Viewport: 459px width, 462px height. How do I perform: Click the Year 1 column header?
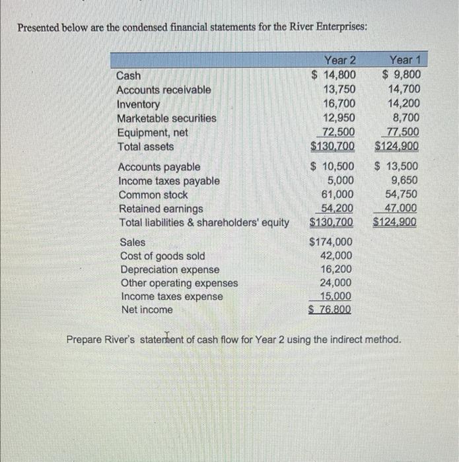(x=405, y=61)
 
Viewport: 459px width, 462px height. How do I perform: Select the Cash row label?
(x=128, y=75)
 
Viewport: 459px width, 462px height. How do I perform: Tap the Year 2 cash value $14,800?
(x=334, y=75)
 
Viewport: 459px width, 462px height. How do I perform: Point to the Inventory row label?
(x=138, y=104)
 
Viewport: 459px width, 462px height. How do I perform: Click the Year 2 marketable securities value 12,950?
(x=339, y=118)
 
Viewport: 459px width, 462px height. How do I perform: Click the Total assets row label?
(x=145, y=147)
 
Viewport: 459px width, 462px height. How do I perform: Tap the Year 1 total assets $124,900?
(x=396, y=147)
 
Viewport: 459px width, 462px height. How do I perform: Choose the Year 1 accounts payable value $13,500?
(x=396, y=166)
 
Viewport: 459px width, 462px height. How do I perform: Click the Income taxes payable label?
(x=168, y=181)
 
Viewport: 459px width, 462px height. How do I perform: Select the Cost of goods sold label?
(x=162, y=256)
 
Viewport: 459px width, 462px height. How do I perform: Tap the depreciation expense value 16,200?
(x=336, y=269)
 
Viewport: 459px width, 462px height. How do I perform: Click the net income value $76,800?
(x=330, y=310)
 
